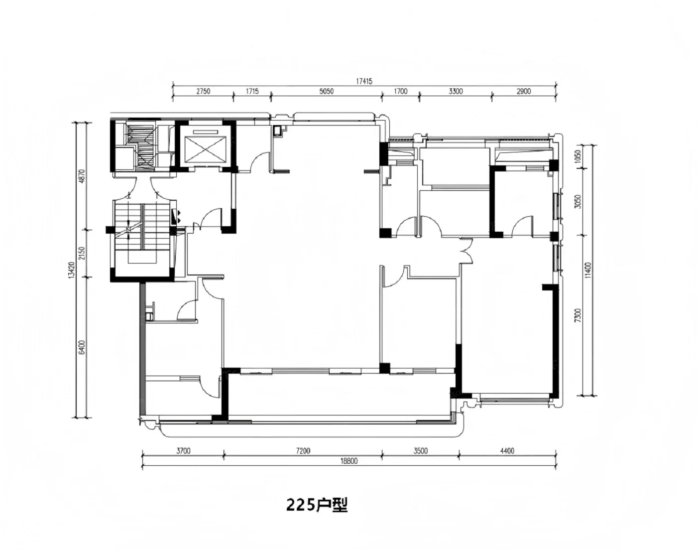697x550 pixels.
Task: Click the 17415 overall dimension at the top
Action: point(364,81)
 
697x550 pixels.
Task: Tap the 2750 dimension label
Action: point(203,91)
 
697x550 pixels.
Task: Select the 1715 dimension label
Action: point(252,91)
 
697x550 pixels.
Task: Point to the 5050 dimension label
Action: point(326,91)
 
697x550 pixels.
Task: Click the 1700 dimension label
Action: point(401,91)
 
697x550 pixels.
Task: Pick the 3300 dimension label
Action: point(456,91)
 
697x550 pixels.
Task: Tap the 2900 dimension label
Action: point(524,91)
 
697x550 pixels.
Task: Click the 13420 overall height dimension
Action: point(72,270)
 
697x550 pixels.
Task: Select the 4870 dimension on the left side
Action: point(82,176)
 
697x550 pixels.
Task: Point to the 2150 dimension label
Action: point(82,254)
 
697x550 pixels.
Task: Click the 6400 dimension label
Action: point(82,347)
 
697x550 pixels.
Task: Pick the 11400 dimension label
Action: point(588,270)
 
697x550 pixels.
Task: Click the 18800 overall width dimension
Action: point(349,461)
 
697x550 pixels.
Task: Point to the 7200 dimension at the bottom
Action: point(303,451)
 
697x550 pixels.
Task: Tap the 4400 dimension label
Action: point(507,451)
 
